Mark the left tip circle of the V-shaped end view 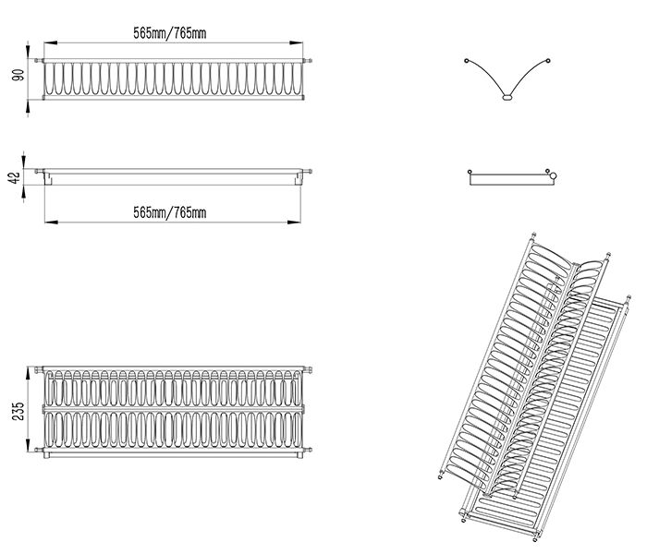click(x=464, y=59)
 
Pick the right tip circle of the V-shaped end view click(x=549, y=59)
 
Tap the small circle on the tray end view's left click(x=470, y=171)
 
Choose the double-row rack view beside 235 click(x=173, y=411)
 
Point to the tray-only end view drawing click(x=511, y=176)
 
